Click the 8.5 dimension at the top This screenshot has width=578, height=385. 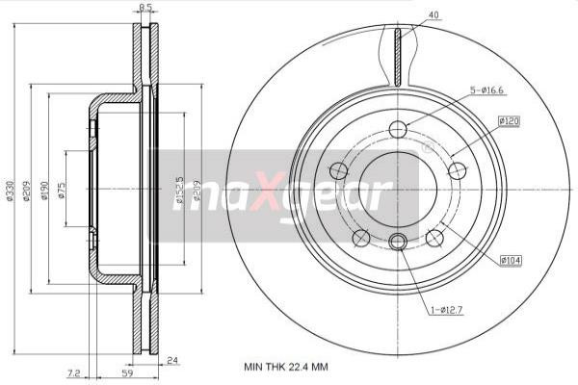(x=145, y=8)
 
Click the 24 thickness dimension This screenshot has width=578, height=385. (x=173, y=361)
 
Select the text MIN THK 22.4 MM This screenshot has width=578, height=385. (x=286, y=368)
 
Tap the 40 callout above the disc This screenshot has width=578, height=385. (x=433, y=14)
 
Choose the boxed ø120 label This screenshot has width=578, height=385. (x=509, y=121)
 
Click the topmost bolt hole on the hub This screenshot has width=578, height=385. (x=398, y=130)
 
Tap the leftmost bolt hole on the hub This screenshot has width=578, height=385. (x=338, y=171)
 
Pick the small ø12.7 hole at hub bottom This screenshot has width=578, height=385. (x=398, y=242)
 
